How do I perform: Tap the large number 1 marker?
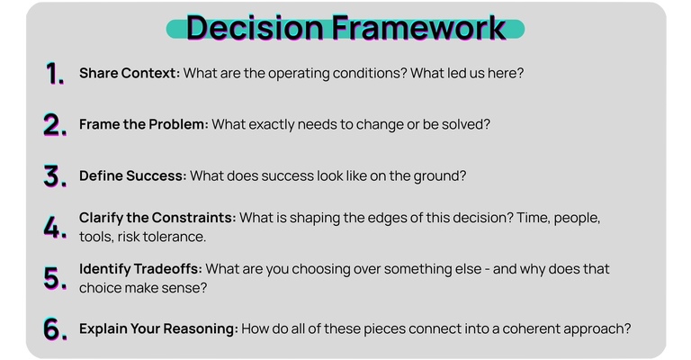tap(55, 74)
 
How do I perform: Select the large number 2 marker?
tap(55, 125)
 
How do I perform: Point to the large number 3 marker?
tap(55, 176)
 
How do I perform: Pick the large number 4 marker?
tap(55, 227)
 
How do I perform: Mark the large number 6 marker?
tap(55, 329)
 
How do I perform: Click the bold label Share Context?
tap(129, 73)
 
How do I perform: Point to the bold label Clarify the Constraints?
tap(157, 219)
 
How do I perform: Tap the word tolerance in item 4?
tap(175, 236)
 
